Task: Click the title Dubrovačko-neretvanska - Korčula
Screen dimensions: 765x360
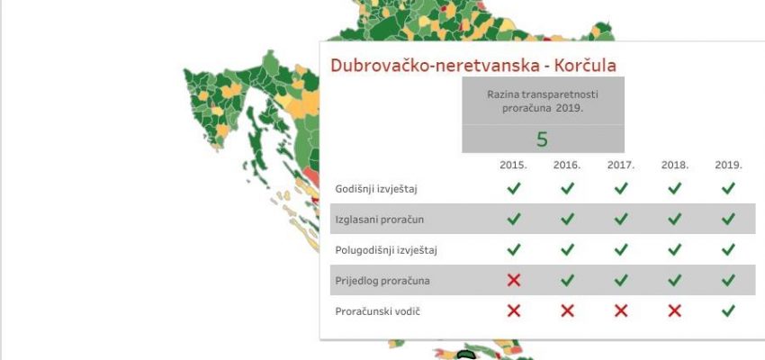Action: click(473, 66)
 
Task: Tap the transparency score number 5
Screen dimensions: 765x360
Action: click(542, 139)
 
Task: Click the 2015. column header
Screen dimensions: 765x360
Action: click(513, 166)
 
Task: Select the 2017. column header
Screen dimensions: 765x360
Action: click(621, 166)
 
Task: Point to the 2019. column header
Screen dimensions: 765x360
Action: click(728, 166)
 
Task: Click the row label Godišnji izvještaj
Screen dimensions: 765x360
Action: click(376, 189)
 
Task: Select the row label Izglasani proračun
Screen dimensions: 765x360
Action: click(380, 220)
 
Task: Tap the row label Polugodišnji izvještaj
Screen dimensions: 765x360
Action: click(386, 251)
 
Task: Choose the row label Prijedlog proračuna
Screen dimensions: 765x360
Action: click(382, 282)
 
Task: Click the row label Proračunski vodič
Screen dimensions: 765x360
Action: click(378, 311)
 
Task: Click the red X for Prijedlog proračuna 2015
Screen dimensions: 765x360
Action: click(514, 280)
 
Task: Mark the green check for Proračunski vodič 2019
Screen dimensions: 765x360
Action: click(728, 310)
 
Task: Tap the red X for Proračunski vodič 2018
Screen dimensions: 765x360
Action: click(675, 310)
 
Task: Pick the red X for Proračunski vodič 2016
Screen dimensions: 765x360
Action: click(567, 310)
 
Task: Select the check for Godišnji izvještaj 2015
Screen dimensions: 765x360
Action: click(514, 188)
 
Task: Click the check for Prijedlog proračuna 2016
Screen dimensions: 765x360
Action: click(567, 280)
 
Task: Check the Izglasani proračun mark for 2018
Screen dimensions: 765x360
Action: click(675, 219)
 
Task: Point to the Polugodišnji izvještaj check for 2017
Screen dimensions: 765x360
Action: click(621, 250)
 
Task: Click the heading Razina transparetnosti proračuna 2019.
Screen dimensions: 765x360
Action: click(543, 102)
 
